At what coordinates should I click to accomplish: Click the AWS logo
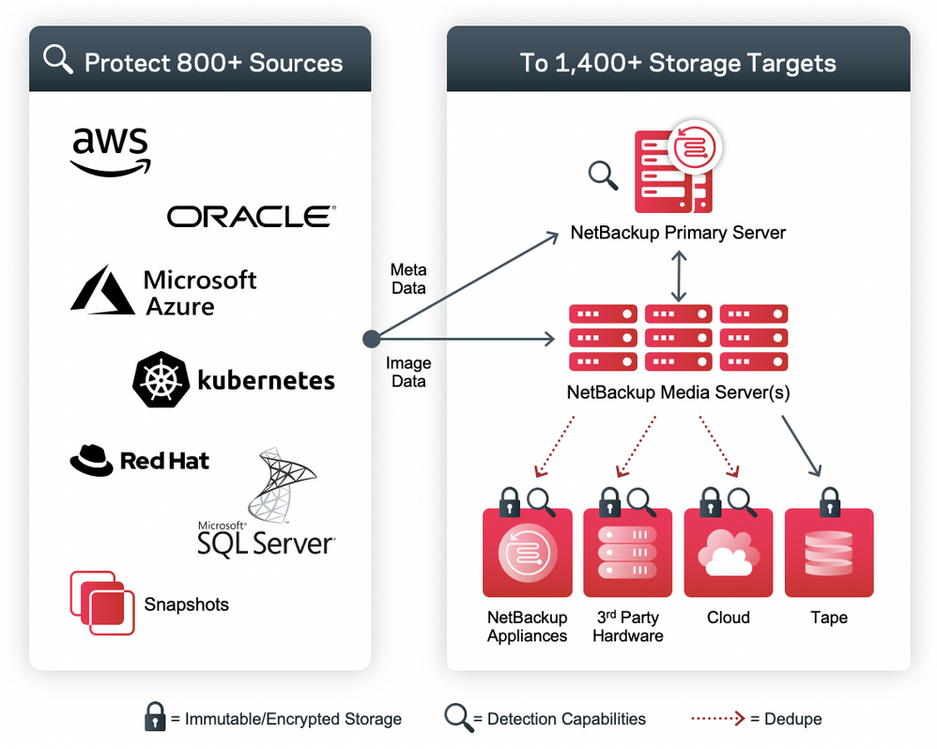click(111, 151)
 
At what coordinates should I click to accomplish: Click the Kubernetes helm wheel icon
click(161, 379)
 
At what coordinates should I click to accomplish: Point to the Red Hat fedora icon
click(91, 460)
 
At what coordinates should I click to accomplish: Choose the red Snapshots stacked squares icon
click(102, 603)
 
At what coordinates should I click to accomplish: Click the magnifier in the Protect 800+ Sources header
click(59, 59)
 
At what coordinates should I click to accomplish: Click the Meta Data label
click(408, 280)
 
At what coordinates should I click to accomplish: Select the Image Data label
click(408, 372)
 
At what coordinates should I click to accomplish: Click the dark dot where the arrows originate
click(371, 338)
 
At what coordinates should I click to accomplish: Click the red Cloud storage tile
click(729, 554)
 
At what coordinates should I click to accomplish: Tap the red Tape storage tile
click(829, 554)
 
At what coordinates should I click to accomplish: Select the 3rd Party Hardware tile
click(627, 554)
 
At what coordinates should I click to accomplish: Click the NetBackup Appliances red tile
click(527, 554)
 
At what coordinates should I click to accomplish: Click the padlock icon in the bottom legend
click(155, 719)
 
